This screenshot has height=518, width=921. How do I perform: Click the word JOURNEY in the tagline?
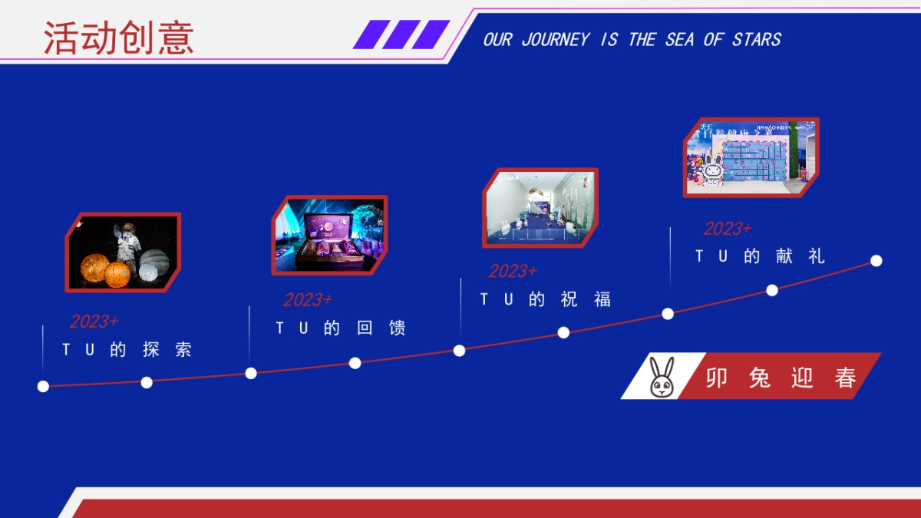tap(556, 40)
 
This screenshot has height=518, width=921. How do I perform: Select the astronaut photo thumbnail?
tap(123, 252)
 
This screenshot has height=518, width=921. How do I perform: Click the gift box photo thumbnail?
tap(329, 235)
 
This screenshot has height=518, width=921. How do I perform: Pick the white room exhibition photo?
tap(540, 208)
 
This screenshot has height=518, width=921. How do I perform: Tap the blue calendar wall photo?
tap(751, 157)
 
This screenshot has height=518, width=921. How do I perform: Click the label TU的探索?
tap(127, 350)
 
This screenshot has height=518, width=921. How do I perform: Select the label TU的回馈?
tap(341, 328)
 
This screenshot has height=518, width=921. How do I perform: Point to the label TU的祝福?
tap(546, 300)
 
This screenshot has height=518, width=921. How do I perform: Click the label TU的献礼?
tap(760, 257)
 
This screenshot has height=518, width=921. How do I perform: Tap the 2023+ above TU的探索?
tap(94, 322)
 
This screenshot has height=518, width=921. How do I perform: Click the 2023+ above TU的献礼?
tap(728, 229)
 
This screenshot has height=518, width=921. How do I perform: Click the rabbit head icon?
tap(662, 377)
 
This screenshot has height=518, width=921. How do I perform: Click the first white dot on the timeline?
tap(43, 386)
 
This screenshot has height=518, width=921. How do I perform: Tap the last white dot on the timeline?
tap(876, 261)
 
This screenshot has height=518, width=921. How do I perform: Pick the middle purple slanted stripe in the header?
tap(401, 35)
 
